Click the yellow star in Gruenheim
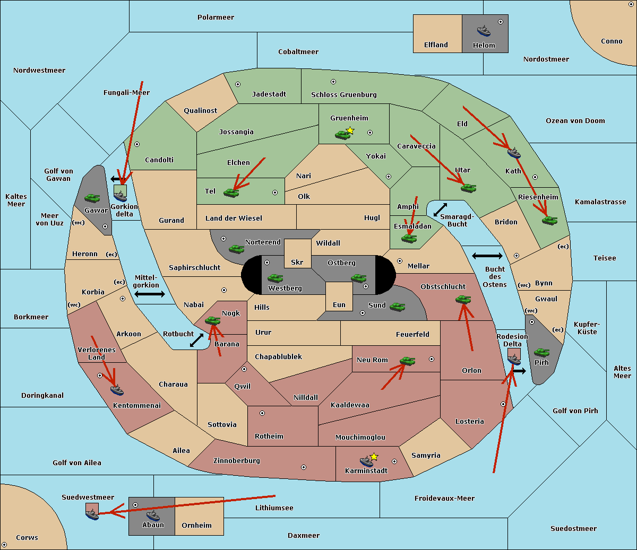pyautogui.click(x=350, y=130)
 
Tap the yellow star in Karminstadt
pyautogui.click(x=374, y=457)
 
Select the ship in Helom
pyautogui.click(x=484, y=31)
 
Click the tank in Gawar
pyautogui.click(x=92, y=198)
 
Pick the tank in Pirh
pyautogui.click(x=541, y=353)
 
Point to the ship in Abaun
pyautogui.click(x=153, y=516)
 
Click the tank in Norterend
pyautogui.click(x=236, y=249)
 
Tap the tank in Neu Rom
pyautogui.click(x=407, y=361)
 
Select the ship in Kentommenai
pyautogui.click(x=117, y=390)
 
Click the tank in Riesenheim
pyautogui.click(x=550, y=221)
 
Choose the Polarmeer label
pyautogui.click(x=216, y=18)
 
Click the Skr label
pyautogui.click(x=297, y=262)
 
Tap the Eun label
pyautogui.click(x=339, y=304)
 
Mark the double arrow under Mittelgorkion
pyautogui.click(x=150, y=294)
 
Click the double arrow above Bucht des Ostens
pyautogui.click(x=487, y=256)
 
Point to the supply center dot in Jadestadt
pyautogui.click(x=238, y=84)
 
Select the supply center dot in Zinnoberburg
pyautogui.click(x=304, y=467)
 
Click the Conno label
pyautogui.click(x=612, y=41)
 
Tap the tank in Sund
pyautogui.click(x=397, y=307)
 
